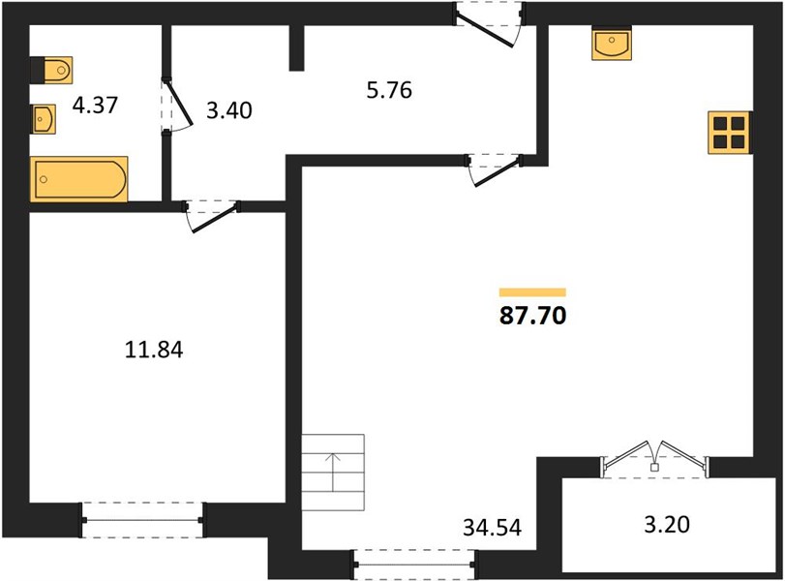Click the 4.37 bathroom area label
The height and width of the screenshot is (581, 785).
(95, 106)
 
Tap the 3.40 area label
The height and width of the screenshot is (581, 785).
(229, 110)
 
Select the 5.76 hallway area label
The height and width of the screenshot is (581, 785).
(389, 91)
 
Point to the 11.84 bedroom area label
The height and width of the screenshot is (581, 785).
(154, 350)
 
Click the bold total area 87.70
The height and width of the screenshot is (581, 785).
(533, 316)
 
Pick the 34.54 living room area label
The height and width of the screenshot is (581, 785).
(492, 528)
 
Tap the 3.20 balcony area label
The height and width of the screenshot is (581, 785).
(667, 525)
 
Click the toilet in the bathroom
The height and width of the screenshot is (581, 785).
(51, 70)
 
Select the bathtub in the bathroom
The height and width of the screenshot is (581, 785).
(78, 179)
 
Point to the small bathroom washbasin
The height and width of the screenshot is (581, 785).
(45, 119)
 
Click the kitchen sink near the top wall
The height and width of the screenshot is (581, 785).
(612, 43)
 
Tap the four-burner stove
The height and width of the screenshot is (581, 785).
(729, 133)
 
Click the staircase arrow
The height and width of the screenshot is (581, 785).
(333, 472)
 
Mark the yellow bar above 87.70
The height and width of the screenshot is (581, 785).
(532, 292)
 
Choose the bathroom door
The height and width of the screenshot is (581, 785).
(177, 106)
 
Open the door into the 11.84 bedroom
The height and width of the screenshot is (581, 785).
(211, 216)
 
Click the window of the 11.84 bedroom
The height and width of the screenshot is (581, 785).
(142, 520)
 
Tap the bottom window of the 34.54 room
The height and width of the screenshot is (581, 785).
(415, 565)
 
